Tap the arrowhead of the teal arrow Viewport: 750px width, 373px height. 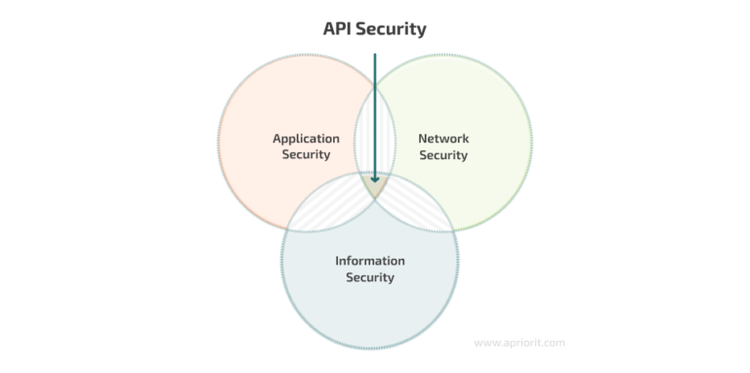tap(374, 178)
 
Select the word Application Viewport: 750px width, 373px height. tap(306, 139)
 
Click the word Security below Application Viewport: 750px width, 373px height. tap(306, 154)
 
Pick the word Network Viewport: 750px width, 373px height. tap(443, 139)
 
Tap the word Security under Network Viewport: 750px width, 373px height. tap(443, 154)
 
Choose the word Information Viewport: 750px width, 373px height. tap(369, 261)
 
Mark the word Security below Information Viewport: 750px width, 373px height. tap(369, 277)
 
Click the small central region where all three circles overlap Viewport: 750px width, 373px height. tap(374, 185)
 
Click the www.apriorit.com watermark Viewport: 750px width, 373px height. tap(519, 343)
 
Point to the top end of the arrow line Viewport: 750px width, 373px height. tap(374, 55)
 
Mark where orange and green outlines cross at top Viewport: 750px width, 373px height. tap(374, 85)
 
